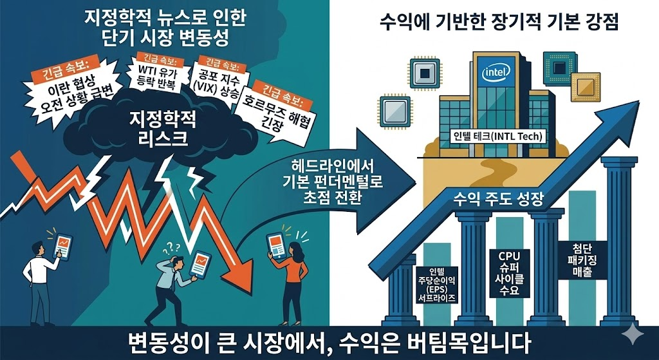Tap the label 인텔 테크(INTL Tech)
point(497,137)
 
